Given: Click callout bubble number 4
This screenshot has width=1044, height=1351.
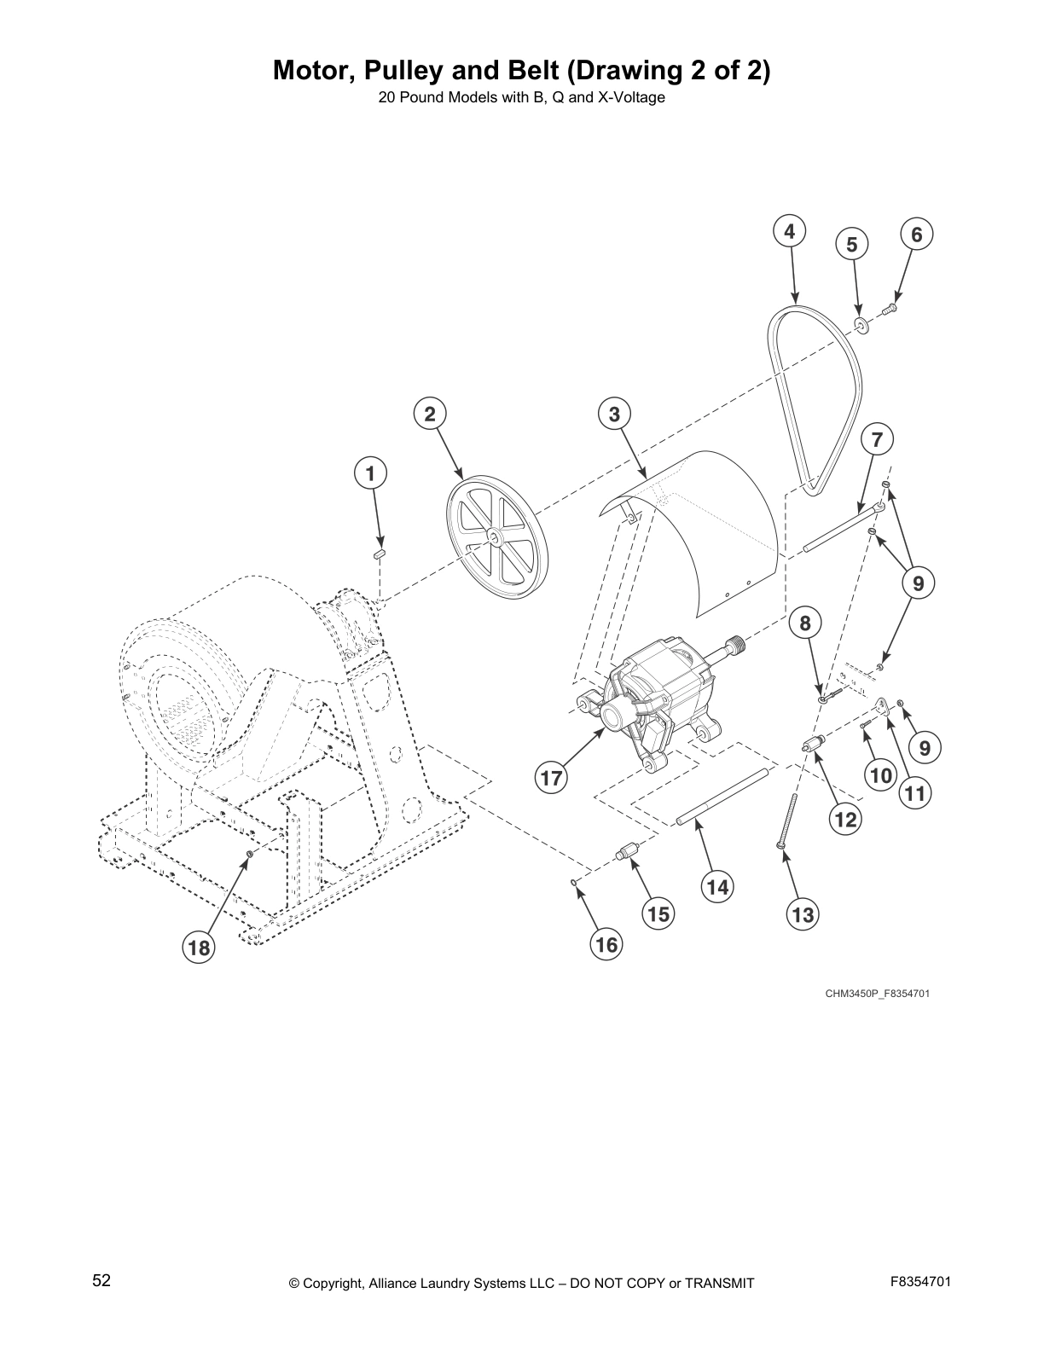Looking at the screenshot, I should (x=789, y=231).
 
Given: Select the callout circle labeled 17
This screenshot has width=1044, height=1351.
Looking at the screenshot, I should (x=551, y=778).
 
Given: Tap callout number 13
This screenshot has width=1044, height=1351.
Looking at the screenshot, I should (x=802, y=915).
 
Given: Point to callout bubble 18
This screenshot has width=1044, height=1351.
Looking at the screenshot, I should (x=199, y=948).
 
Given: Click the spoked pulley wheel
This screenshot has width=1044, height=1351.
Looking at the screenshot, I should (x=497, y=536).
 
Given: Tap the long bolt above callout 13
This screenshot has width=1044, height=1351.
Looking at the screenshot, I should (x=787, y=819).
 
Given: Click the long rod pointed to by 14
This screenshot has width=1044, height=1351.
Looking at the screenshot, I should (x=723, y=798).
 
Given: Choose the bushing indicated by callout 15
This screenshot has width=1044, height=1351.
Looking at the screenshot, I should (x=629, y=852).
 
